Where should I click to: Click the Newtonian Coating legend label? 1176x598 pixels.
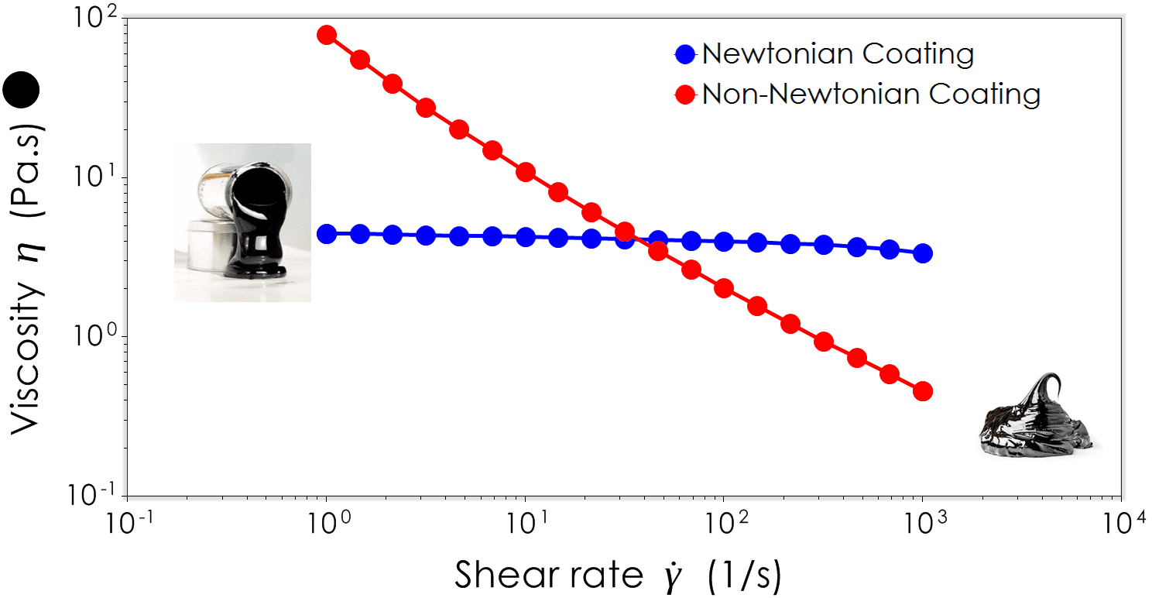click(x=837, y=54)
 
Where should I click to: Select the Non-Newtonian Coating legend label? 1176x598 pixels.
click(x=870, y=95)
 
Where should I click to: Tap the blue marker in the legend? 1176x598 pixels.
click(x=685, y=54)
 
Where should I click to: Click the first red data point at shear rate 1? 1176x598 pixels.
click(x=327, y=35)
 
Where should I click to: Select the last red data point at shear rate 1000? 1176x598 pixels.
click(x=923, y=391)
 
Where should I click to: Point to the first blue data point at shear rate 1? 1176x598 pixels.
click(x=327, y=233)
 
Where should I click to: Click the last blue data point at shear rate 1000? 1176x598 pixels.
click(x=923, y=253)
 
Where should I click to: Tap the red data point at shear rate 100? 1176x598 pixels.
click(x=724, y=288)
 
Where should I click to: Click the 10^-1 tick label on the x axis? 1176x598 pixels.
click(x=128, y=525)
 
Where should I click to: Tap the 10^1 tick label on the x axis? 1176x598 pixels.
click(x=525, y=525)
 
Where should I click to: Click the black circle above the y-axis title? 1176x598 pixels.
click(x=21, y=91)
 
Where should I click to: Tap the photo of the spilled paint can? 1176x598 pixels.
click(x=242, y=222)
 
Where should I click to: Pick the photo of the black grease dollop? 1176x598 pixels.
click(x=1036, y=414)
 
